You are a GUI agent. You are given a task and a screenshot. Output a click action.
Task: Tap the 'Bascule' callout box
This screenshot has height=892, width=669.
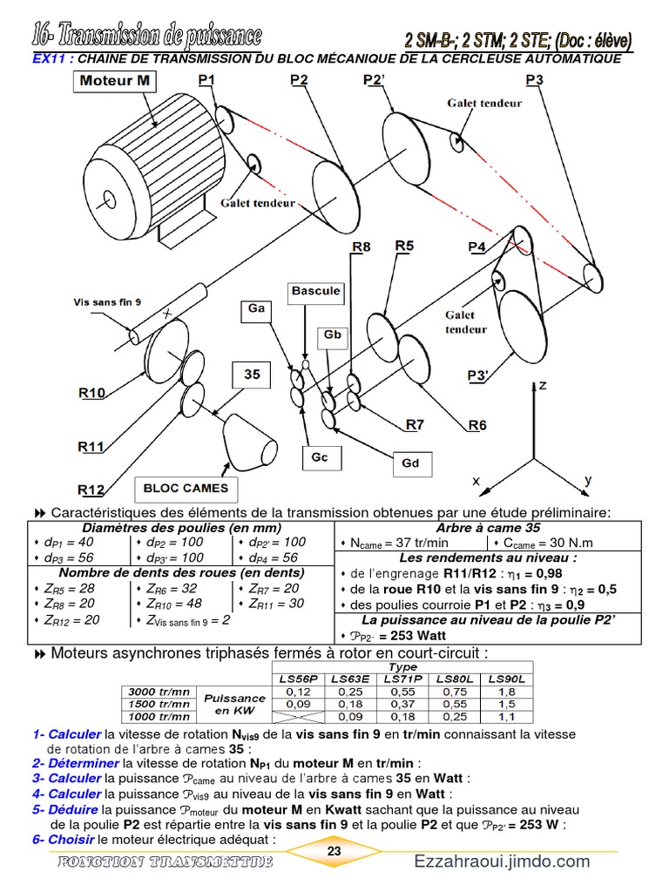315,290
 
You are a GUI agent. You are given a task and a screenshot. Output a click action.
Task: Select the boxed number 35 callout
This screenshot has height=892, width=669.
252,375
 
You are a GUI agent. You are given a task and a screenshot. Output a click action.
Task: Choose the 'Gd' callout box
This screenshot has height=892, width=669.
410,463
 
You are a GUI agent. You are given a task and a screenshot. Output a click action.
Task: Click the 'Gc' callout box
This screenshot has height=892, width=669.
319,457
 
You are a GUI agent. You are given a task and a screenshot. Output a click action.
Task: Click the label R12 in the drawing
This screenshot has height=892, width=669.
91,489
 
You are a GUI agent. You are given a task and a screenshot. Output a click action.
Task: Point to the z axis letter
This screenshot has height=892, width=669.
544,385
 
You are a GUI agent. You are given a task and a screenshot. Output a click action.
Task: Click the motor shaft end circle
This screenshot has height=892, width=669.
108,198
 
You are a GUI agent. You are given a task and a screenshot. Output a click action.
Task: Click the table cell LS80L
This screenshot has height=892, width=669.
456,679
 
